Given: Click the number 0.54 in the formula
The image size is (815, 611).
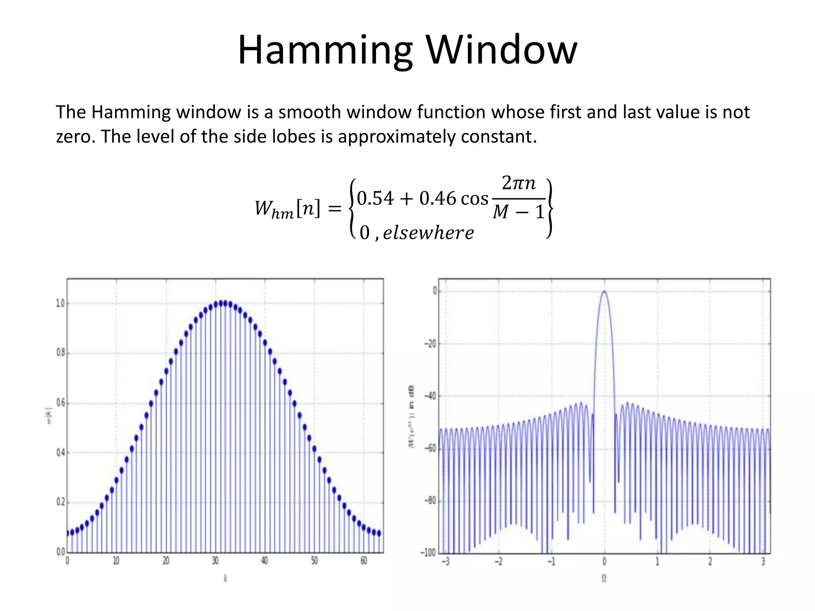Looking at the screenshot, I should pyautogui.click(x=375, y=198).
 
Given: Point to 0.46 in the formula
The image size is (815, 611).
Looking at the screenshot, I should pyautogui.click(x=437, y=198).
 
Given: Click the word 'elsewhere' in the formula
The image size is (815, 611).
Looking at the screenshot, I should pyautogui.click(x=428, y=233).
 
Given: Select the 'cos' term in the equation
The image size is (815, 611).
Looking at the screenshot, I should pyautogui.click(x=474, y=198).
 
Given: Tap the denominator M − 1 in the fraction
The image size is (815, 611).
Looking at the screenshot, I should pyautogui.click(x=519, y=212).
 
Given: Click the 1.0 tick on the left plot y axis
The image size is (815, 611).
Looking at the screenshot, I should pyautogui.click(x=60, y=304).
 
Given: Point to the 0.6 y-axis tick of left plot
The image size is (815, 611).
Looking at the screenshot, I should pyautogui.click(x=60, y=403).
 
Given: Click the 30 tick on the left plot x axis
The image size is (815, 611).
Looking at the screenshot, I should pyautogui.click(x=215, y=561).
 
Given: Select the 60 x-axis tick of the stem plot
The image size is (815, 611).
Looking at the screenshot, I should pyautogui.click(x=364, y=561).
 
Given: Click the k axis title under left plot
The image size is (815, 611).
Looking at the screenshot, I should pyautogui.click(x=225, y=578).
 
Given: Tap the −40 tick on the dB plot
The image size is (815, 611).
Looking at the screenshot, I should pyautogui.click(x=430, y=396).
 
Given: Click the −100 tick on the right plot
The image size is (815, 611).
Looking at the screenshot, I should pyautogui.click(x=428, y=553).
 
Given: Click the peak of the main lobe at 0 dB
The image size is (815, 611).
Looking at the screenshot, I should pyautogui.click(x=604, y=291).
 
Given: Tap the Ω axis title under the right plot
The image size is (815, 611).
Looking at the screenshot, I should pyautogui.click(x=604, y=578).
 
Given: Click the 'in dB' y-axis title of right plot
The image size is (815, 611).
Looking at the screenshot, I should pyautogui.click(x=411, y=397).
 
